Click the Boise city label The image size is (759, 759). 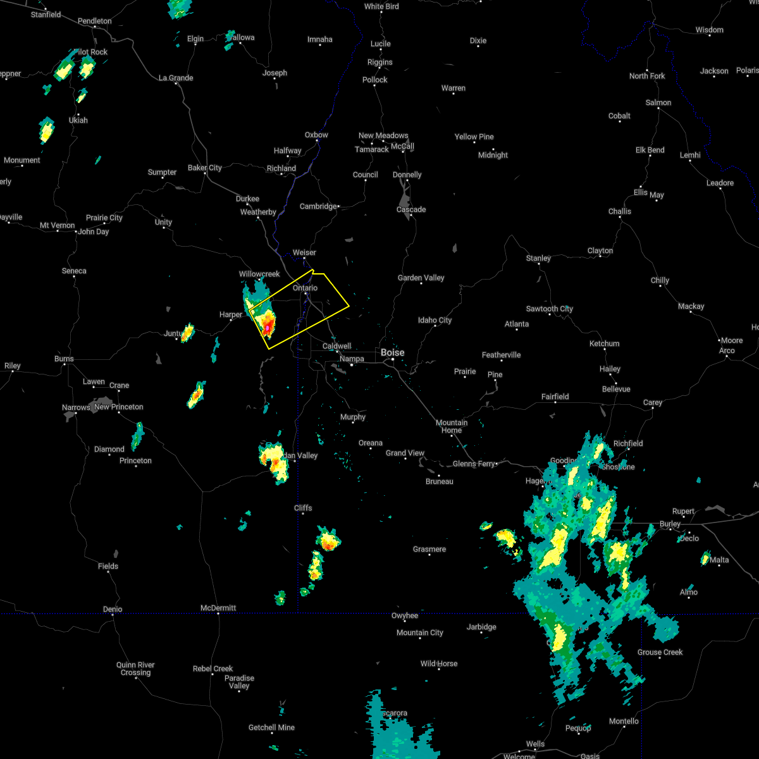(x=392, y=352)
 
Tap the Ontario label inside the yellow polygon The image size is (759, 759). (x=305, y=288)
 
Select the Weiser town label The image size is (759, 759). (x=304, y=252)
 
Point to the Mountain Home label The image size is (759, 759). (x=452, y=426)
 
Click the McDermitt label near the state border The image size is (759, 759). (x=218, y=608)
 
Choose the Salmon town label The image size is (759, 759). (x=658, y=102)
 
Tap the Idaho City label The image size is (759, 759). (x=435, y=320)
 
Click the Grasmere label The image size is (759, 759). (x=429, y=549)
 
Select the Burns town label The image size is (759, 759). (x=64, y=359)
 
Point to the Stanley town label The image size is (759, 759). (x=538, y=258)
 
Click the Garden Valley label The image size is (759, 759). (x=421, y=278)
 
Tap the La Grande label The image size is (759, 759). (x=176, y=78)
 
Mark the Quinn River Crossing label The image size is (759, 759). (x=135, y=669)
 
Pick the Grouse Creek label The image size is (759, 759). (x=660, y=652)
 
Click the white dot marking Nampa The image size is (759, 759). (x=352, y=365)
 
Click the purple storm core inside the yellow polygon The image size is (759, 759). (x=268, y=328)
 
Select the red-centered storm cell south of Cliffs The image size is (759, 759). (x=328, y=541)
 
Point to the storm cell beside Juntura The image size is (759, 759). (x=187, y=333)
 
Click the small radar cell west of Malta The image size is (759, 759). (x=705, y=558)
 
